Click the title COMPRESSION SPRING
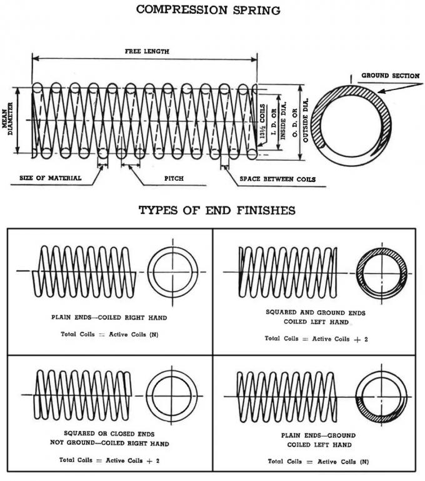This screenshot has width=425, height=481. click(x=208, y=10)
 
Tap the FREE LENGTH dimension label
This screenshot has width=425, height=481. click(x=146, y=51)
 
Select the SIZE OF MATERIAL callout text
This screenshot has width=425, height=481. click(x=50, y=178)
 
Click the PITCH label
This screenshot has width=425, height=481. click(x=173, y=179)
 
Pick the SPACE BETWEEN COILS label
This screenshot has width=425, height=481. click(x=277, y=180)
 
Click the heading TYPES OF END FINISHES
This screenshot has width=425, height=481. click(x=216, y=210)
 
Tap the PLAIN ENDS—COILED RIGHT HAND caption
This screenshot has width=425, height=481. click(x=109, y=318)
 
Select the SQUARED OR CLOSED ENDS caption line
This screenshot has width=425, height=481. click(x=109, y=432)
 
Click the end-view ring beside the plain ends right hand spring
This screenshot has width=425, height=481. click(x=173, y=271)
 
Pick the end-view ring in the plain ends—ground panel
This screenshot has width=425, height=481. click(x=381, y=396)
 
